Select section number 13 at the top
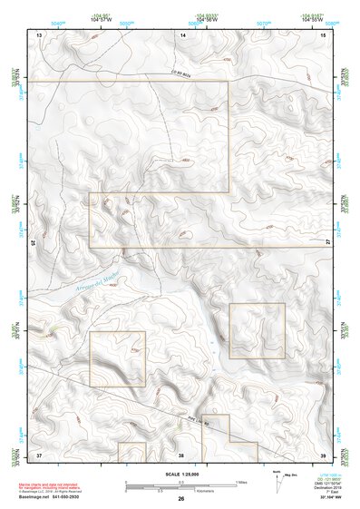click(39, 34)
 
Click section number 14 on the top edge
click(182, 34)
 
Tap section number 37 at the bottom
click(39, 454)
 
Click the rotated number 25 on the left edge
click(33, 243)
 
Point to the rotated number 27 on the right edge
click(328, 243)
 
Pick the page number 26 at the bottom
click(180, 500)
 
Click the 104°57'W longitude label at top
click(100, 19)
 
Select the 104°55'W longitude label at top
click(311, 19)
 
